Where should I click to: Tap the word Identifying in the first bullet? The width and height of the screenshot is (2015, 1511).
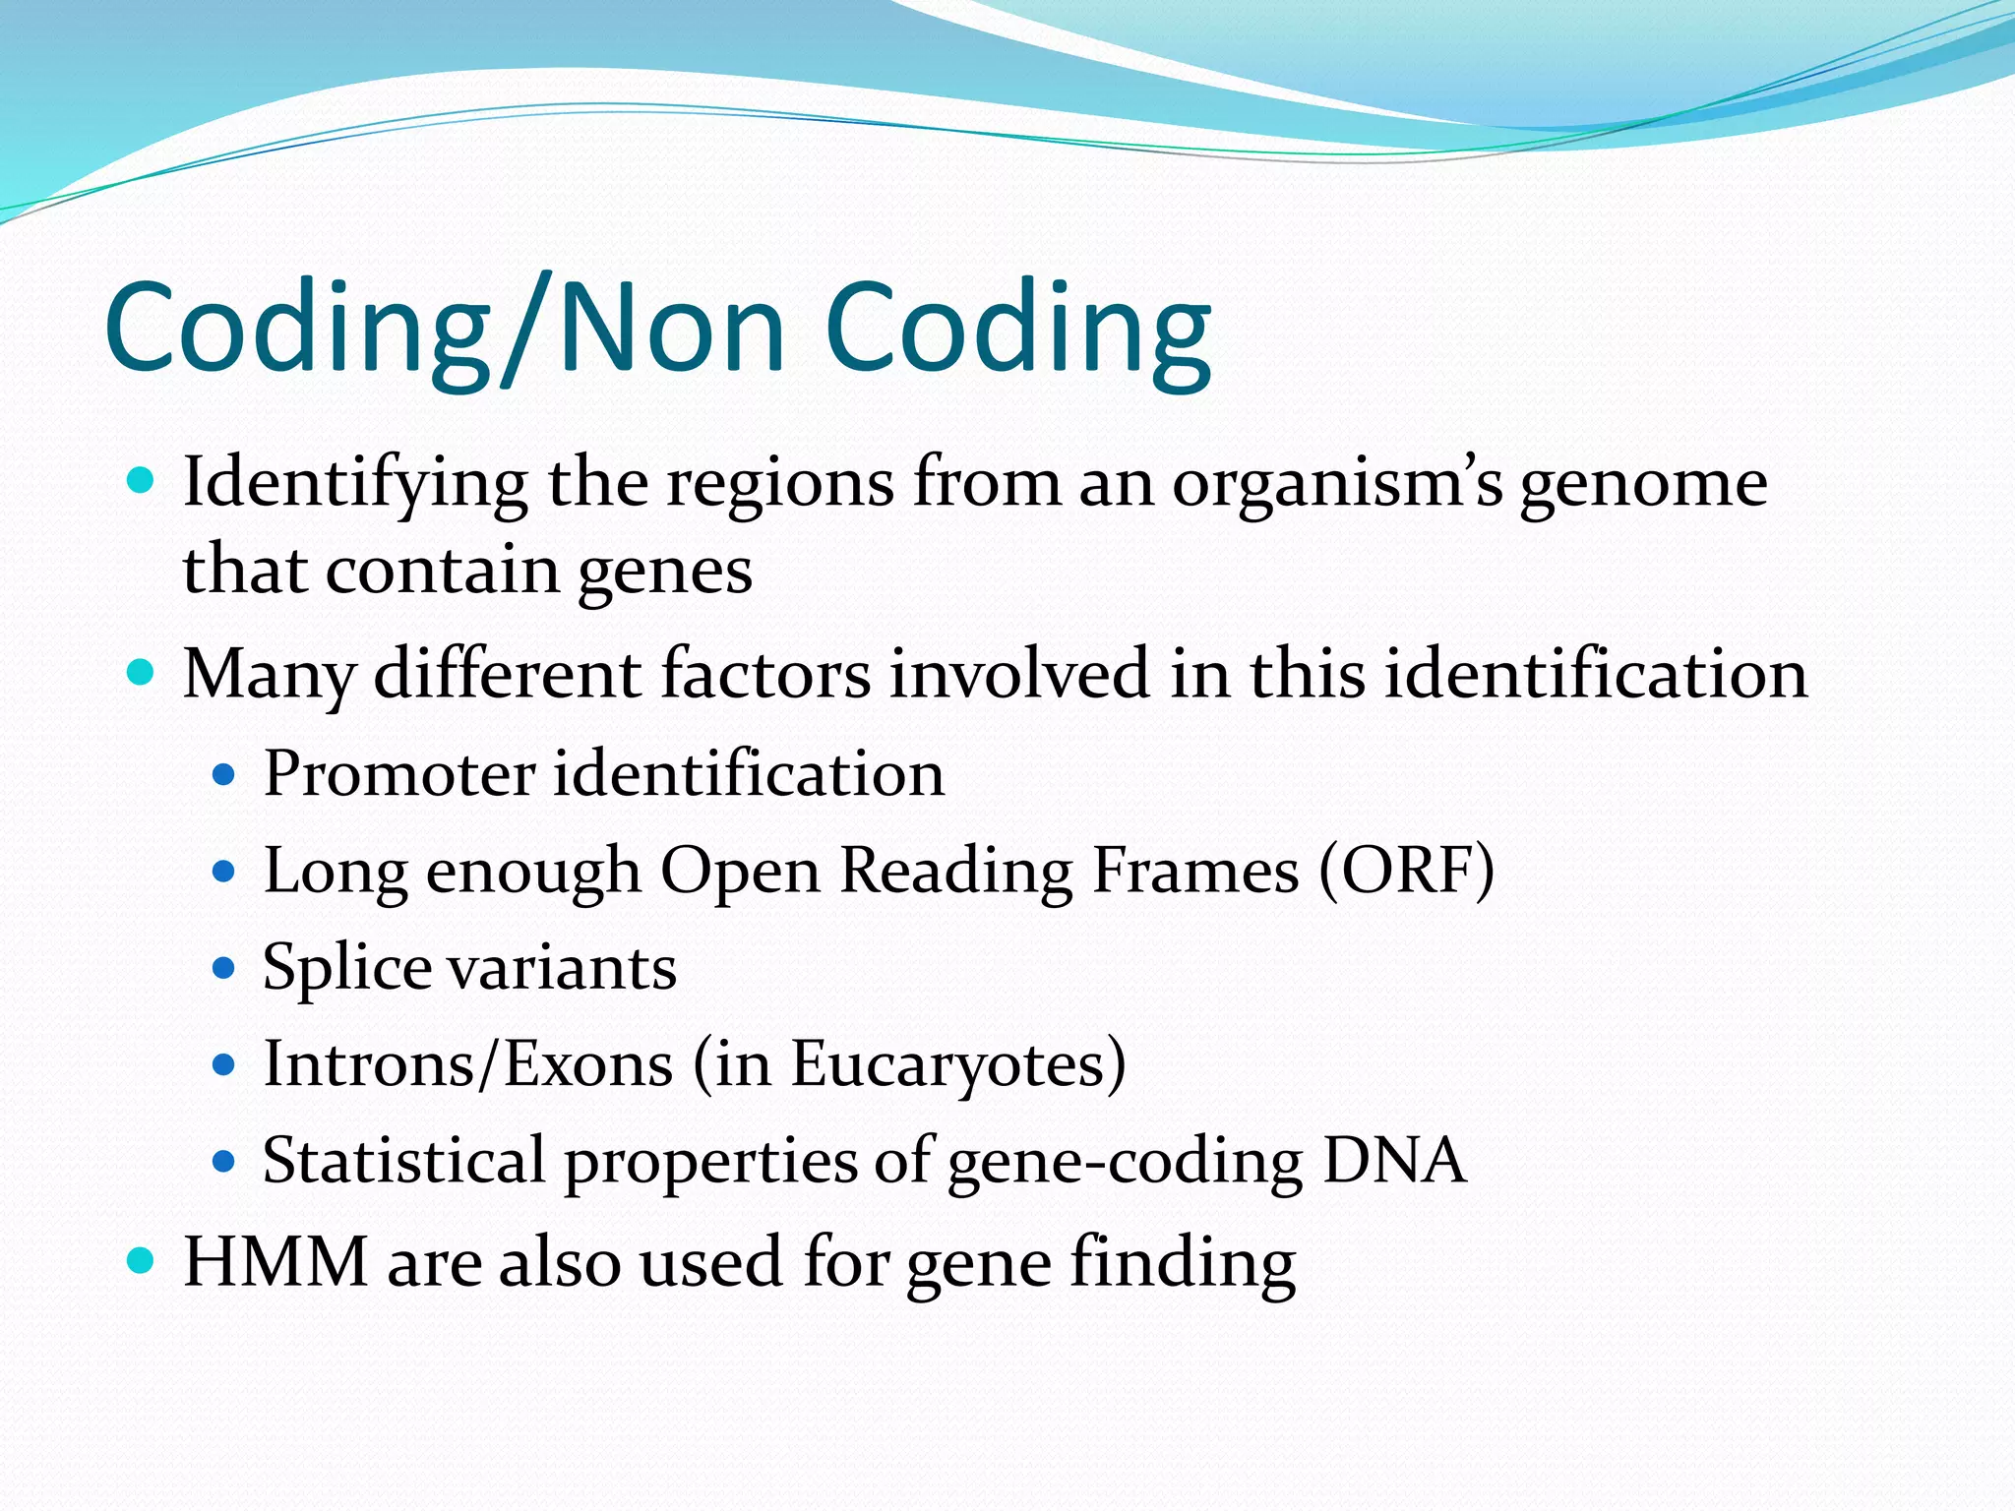click(355, 485)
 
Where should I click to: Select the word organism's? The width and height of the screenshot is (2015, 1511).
click(1337, 485)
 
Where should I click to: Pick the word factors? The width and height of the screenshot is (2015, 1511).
click(766, 675)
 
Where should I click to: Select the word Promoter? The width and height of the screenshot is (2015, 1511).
click(398, 774)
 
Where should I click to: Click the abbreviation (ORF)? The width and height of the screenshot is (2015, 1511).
click(1406, 871)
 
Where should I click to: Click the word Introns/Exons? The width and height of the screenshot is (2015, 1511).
click(468, 1064)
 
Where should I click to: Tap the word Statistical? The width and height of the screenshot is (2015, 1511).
click(403, 1161)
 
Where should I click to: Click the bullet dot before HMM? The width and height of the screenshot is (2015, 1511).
click(142, 1260)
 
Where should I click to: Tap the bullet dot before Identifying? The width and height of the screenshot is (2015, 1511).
click(142, 481)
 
